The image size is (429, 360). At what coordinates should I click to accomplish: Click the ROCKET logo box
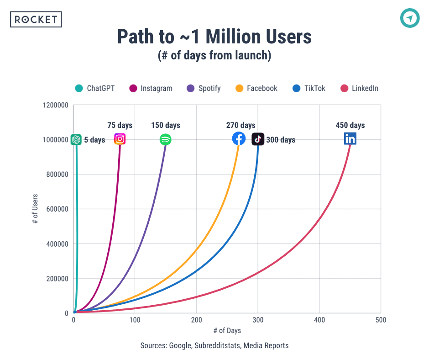[x=36, y=19]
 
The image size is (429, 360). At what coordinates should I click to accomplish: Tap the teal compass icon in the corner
[x=409, y=18]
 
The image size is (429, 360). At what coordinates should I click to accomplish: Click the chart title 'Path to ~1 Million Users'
[x=214, y=37]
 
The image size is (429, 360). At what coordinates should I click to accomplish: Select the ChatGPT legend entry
[x=95, y=88]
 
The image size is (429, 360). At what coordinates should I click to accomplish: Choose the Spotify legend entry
[x=204, y=88]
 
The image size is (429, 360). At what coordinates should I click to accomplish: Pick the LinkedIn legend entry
[x=359, y=88]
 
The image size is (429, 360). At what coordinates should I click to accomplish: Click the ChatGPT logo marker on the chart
[x=76, y=140]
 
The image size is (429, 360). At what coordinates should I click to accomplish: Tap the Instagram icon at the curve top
[x=120, y=139]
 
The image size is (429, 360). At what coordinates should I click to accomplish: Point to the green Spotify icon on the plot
[x=165, y=139]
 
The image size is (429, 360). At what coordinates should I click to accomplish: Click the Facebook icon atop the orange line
[x=239, y=138]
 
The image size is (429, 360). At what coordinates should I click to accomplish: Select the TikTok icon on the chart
[x=258, y=139]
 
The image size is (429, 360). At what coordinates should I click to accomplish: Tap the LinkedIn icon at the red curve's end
[x=350, y=139]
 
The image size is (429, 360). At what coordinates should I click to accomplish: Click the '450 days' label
[x=350, y=125]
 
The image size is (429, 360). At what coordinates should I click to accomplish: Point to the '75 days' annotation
[x=120, y=125]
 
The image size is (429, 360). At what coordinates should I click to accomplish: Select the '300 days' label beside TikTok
[x=281, y=140]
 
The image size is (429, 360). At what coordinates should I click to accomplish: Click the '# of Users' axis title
[x=35, y=209]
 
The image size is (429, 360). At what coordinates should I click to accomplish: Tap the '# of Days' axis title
[x=227, y=330]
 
